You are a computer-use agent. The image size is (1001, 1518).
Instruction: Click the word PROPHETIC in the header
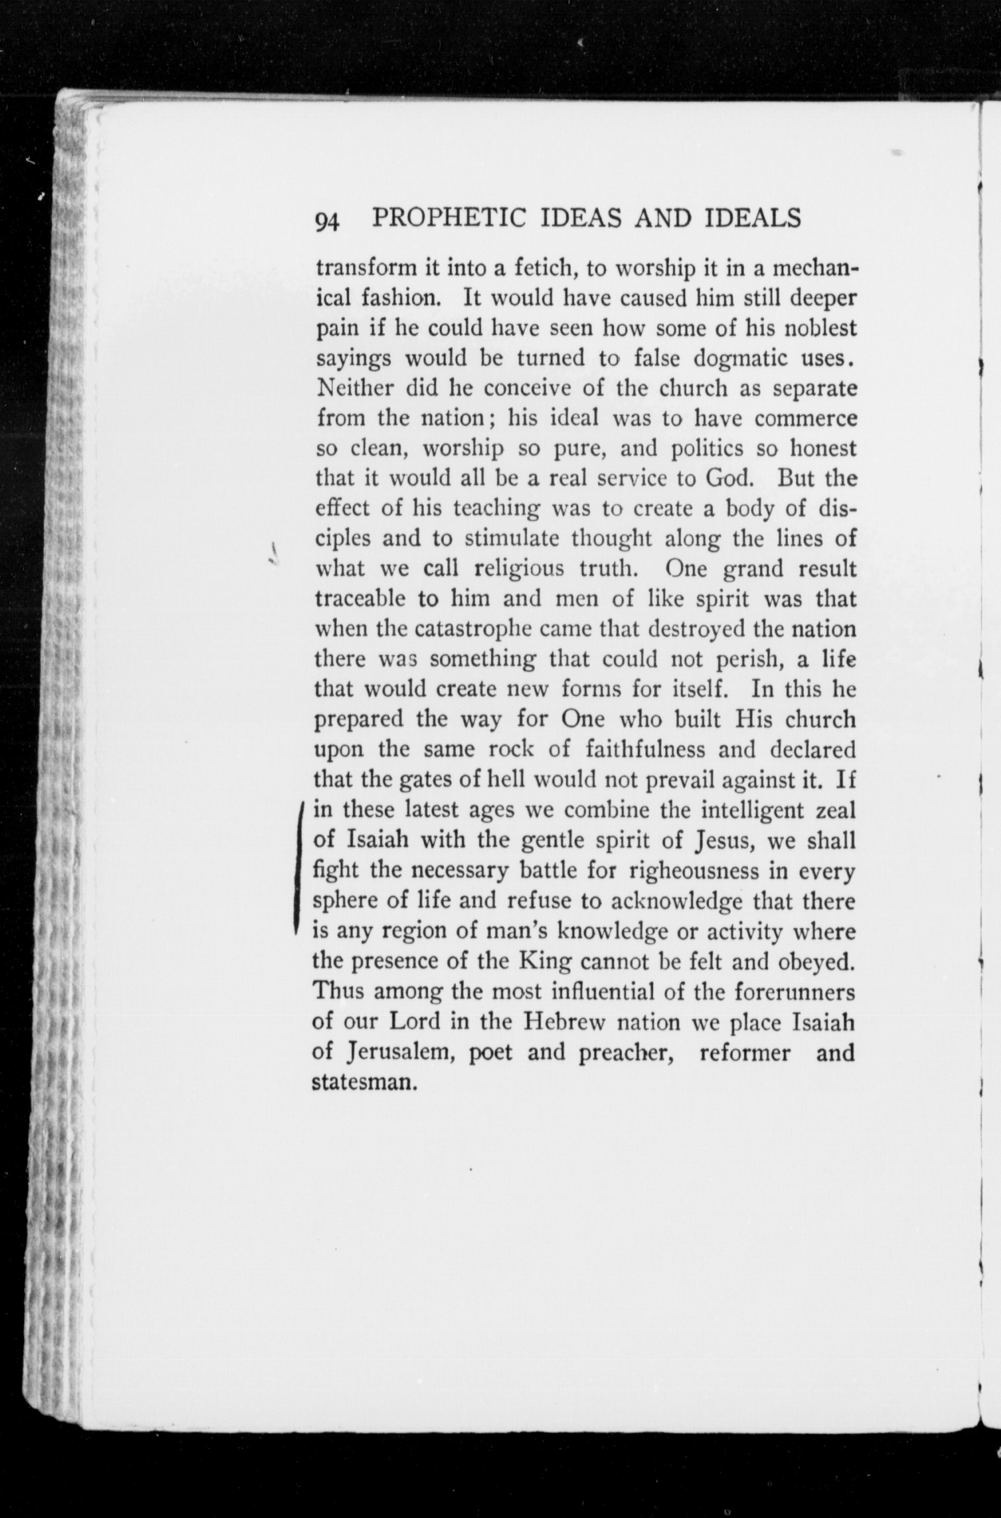[448, 218]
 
